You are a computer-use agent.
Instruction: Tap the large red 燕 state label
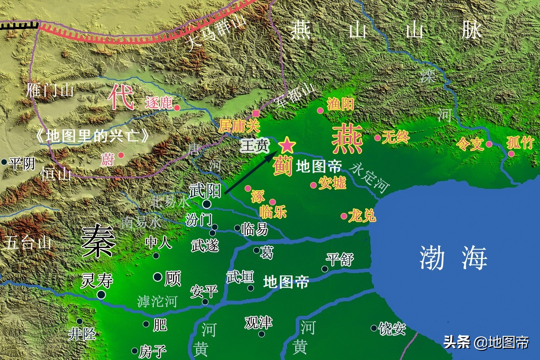click(x=347, y=140)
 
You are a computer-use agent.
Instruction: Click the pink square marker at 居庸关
click(x=256, y=113)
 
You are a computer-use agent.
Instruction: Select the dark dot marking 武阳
click(x=207, y=204)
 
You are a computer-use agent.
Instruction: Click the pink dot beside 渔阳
click(x=320, y=110)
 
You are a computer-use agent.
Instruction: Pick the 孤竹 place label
click(x=520, y=143)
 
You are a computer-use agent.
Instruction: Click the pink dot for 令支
click(x=489, y=144)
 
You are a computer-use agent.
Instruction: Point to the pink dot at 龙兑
click(x=343, y=216)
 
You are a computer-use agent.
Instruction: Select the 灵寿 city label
click(x=96, y=280)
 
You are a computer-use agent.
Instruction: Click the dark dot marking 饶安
click(x=374, y=328)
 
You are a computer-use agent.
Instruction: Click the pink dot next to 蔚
click(x=121, y=155)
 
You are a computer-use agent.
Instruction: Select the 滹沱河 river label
click(x=156, y=301)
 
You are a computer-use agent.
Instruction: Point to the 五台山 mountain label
click(x=27, y=242)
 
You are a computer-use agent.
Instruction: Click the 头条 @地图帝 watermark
click(x=486, y=342)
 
